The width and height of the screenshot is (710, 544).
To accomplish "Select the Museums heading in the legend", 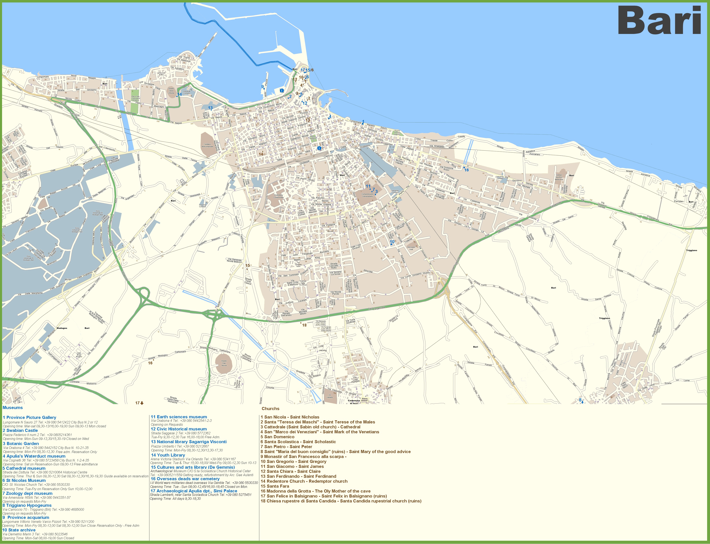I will pos(13,408).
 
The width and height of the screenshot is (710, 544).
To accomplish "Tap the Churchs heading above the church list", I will pos(270,409).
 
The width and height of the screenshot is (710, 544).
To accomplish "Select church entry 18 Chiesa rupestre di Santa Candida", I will pos(341,501).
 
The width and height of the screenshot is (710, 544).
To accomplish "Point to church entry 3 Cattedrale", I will pos(310,427).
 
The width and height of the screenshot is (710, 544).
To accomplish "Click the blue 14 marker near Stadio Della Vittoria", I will pos(179,95).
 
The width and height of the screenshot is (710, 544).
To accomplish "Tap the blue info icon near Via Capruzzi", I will pos(319,148).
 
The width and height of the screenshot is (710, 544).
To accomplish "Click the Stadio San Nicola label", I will pos(224,363).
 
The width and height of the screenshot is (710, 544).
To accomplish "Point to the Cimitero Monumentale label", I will pos(207,145).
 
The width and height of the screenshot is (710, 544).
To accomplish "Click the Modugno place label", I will pos(62,328).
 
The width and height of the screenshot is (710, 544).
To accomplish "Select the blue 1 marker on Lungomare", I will pos(363,122).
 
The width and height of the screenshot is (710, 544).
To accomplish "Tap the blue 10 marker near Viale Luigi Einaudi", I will pos(392,242).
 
